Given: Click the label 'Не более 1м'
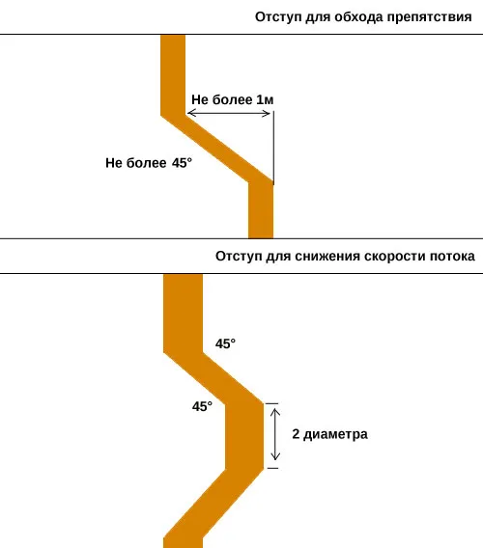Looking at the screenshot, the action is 233,99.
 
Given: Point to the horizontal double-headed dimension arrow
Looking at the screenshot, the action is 229,113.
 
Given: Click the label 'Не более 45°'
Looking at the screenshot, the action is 149,163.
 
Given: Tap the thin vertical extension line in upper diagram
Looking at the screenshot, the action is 273,148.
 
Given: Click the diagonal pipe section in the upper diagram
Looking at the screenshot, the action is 217,149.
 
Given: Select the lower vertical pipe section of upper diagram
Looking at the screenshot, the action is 261,209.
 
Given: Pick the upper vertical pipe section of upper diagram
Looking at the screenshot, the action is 173,75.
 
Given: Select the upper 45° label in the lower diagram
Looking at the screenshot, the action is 225,343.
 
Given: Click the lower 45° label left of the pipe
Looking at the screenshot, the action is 202,406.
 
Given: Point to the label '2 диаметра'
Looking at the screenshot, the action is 330,434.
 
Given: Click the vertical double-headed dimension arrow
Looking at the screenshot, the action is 275,435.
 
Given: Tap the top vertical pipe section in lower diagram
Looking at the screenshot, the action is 183,314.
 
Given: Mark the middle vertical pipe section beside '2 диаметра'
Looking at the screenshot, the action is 244,436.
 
